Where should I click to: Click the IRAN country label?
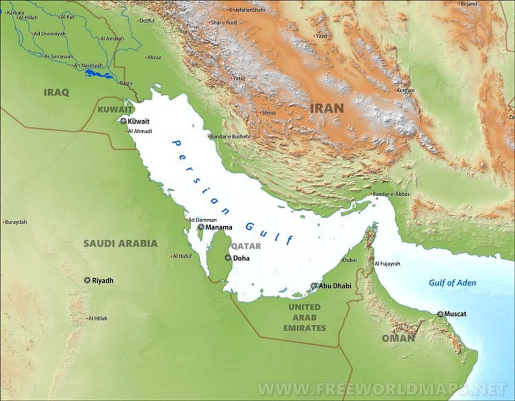pyautogui.click(x=327, y=108)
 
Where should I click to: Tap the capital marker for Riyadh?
pyautogui.click(x=87, y=280)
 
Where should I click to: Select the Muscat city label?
pyautogui.click(x=455, y=314)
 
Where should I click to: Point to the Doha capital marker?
pyautogui.click(x=227, y=258)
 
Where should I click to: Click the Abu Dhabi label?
pyautogui.click(x=335, y=286)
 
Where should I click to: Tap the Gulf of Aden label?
pyautogui.click(x=452, y=283)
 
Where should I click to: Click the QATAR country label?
pyautogui.click(x=246, y=246)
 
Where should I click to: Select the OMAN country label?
pyautogui.click(x=398, y=338)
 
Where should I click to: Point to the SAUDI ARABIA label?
pyautogui.click(x=120, y=243)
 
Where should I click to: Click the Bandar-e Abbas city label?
pyautogui.click(x=391, y=194)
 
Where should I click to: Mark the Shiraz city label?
pyautogui.click(x=269, y=113)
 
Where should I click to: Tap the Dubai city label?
pyautogui.click(x=349, y=260)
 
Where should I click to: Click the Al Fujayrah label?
pyautogui.click(x=387, y=264)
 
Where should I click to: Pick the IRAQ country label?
pyautogui.click(x=56, y=92)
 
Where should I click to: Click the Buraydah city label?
pyautogui.click(x=16, y=221)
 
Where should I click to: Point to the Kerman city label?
pyautogui.click(x=406, y=90)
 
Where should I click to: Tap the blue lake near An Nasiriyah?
pyautogui.click(x=99, y=74)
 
